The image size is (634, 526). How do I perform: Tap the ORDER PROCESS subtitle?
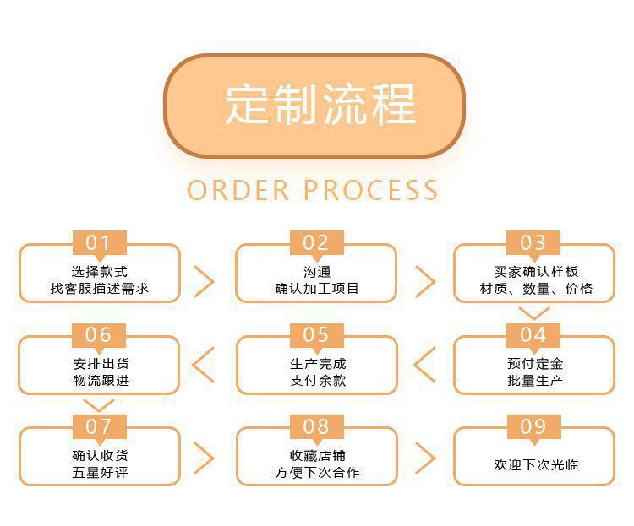(313, 190)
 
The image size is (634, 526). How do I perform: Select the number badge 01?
(99, 243)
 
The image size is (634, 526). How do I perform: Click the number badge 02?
(316, 243)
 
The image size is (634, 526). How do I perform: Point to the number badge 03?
(533, 243)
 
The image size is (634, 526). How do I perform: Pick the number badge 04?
(533, 335)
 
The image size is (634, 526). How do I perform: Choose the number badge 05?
(316, 335)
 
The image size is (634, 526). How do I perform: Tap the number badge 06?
(99, 335)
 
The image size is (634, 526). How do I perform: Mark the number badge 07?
(99, 426)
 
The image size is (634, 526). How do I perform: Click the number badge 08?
(316, 426)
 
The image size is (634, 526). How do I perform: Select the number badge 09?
(533, 426)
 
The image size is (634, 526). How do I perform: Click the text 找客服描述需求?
(99, 289)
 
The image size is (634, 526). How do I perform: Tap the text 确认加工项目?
(316, 289)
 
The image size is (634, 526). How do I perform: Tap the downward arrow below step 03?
(533, 312)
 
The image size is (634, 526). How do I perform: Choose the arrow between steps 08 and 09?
(424, 457)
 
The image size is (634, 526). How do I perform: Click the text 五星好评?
(99, 473)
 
